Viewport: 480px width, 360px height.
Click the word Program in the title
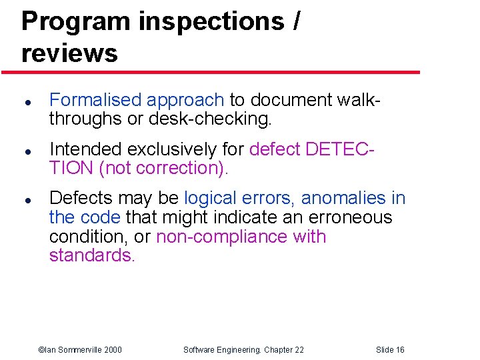click(x=77, y=21)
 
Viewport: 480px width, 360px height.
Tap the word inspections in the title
click(x=211, y=21)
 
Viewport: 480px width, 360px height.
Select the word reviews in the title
click(x=69, y=53)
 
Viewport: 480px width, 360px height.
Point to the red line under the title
click(x=220, y=72)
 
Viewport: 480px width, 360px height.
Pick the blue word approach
click(x=185, y=101)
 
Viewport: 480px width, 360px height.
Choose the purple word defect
click(x=275, y=149)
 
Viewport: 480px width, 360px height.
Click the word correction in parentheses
click(x=177, y=168)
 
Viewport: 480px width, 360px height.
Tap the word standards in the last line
click(x=92, y=255)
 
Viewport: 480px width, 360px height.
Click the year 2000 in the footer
click(x=113, y=350)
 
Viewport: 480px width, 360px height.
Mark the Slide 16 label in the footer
click(x=390, y=350)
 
